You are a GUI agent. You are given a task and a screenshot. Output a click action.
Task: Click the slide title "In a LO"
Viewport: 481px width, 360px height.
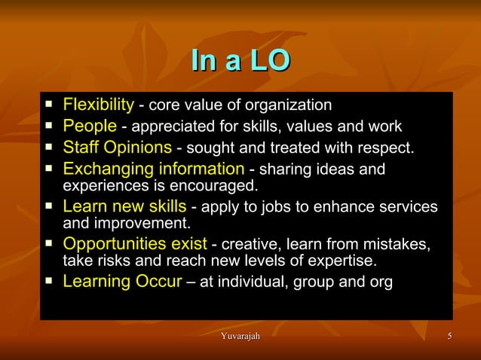click(240, 61)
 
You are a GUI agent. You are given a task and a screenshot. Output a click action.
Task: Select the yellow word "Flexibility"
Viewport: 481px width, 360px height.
click(98, 104)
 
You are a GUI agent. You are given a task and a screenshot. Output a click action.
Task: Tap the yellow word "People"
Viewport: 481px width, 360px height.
click(90, 125)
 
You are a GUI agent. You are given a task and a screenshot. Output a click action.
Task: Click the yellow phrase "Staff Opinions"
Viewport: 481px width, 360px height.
click(118, 146)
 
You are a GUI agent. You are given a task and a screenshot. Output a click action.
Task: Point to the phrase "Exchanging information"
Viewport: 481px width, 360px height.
click(153, 168)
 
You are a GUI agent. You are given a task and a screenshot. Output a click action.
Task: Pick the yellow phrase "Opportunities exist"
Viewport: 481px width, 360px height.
click(134, 244)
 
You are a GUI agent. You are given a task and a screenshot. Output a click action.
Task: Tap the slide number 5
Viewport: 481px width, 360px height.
click(449, 335)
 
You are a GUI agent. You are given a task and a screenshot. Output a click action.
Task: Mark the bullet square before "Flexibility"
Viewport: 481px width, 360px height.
click(49, 102)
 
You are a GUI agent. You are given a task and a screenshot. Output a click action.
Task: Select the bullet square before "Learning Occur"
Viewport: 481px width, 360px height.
click(49, 281)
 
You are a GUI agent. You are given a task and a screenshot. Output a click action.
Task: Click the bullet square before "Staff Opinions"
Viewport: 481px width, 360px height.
click(49, 145)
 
